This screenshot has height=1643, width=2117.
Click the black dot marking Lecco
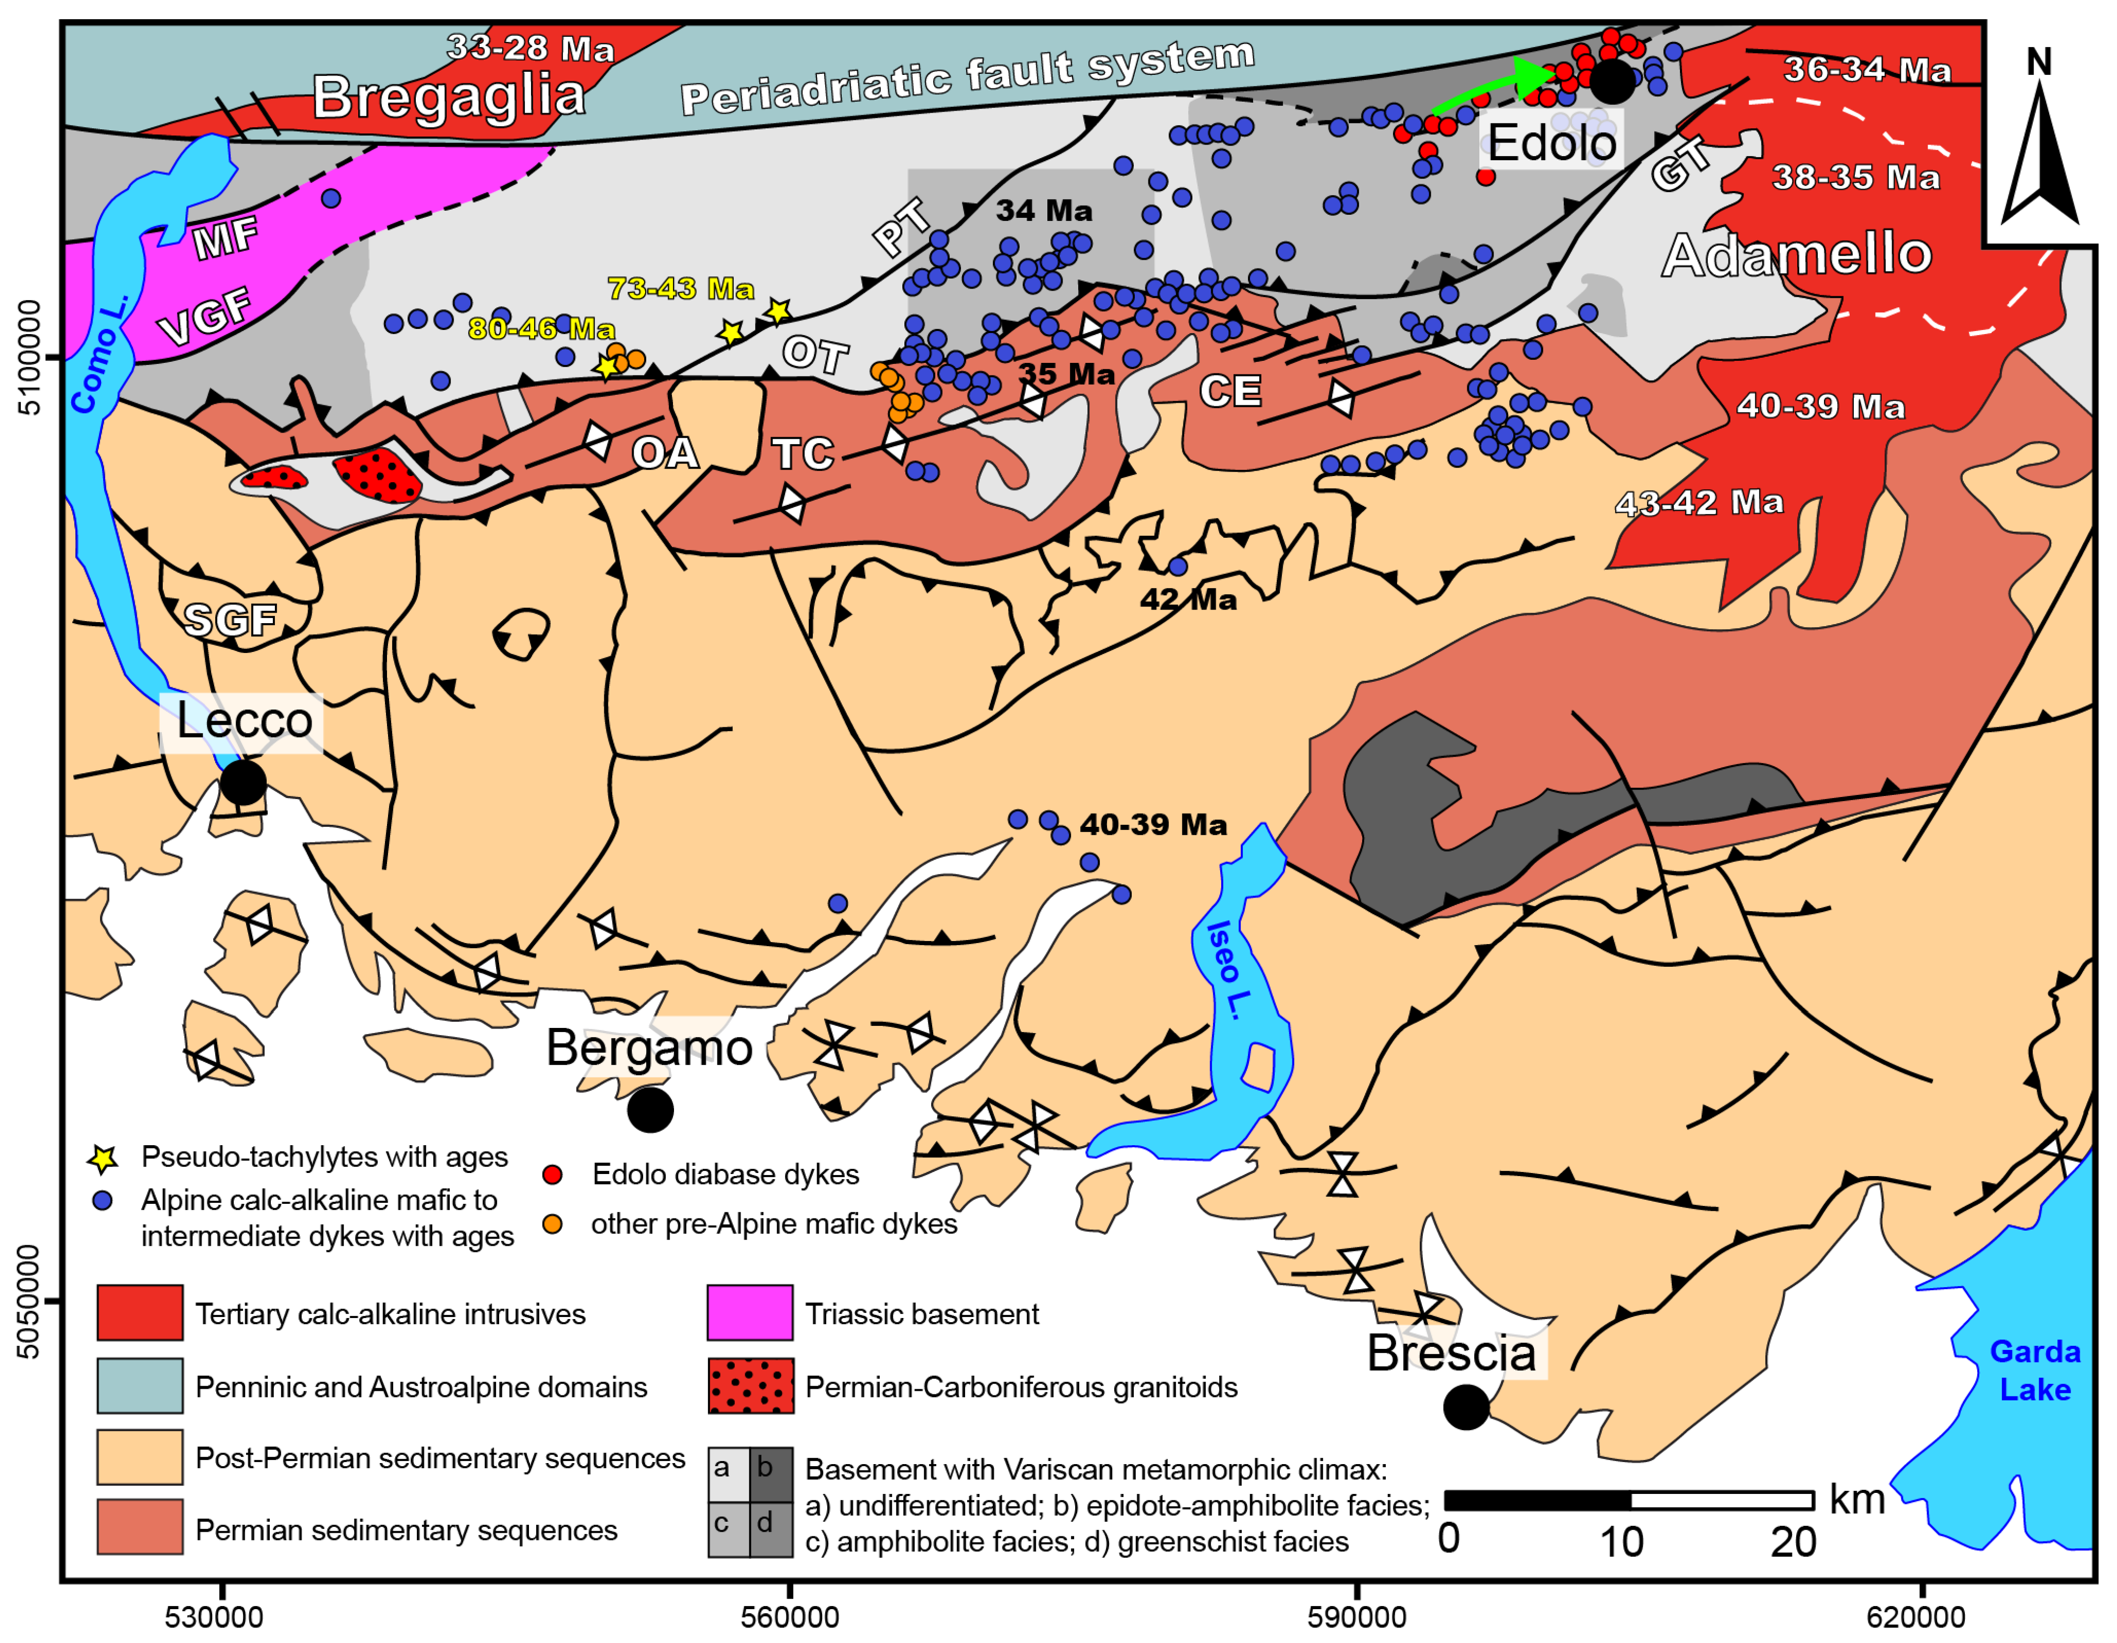pos(243,781)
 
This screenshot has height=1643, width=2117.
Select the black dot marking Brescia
pos(1466,1406)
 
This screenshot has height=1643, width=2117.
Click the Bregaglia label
pos(449,97)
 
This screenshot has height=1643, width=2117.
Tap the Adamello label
pos(1796,255)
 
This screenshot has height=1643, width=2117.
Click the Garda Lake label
pos(2035,1371)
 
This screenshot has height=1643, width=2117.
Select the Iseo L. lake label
pos(1229,969)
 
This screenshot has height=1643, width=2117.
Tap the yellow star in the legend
pos(103,1158)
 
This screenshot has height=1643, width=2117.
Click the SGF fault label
pos(231,620)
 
